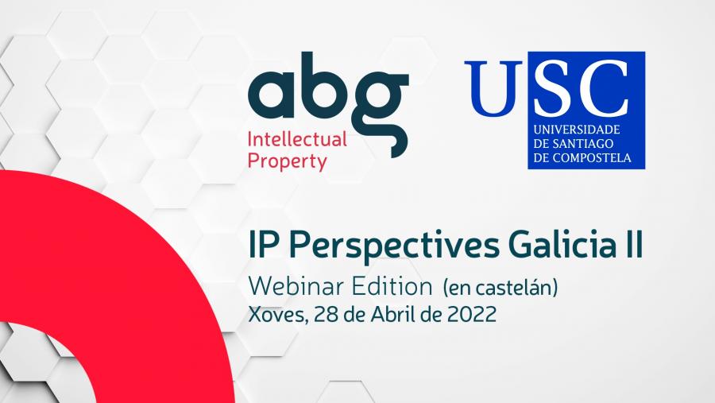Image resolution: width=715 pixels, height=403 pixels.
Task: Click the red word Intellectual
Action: click(297, 140)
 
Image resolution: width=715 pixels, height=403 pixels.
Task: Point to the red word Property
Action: click(288, 161)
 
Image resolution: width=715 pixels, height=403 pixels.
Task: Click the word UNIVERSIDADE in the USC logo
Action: click(577, 130)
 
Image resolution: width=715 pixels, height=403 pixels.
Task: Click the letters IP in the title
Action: click(264, 245)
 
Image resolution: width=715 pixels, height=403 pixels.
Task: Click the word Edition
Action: click(392, 287)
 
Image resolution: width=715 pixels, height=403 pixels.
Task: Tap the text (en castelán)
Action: click(500, 288)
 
